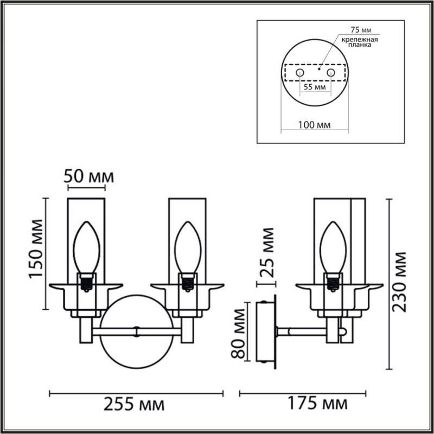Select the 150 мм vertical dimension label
click(36, 248)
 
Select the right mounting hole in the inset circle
click(330, 72)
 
